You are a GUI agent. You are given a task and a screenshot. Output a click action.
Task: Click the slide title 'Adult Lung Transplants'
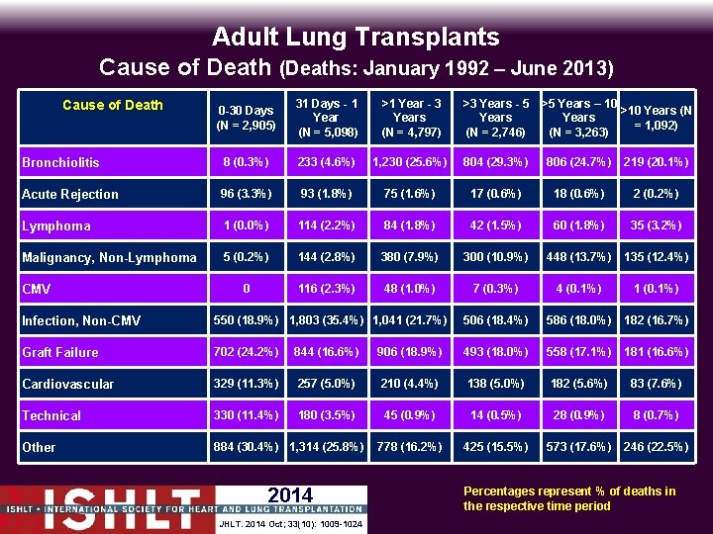(x=356, y=38)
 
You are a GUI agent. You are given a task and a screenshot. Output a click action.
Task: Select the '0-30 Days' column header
(x=246, y=118)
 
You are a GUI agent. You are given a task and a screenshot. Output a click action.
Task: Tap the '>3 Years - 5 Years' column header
(x=495, y=118)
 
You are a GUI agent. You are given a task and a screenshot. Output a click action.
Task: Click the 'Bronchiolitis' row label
(x=60, y=162)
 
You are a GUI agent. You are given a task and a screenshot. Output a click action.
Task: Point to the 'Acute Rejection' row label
(x=70, y=194)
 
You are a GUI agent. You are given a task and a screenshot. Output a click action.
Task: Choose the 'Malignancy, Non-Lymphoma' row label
(x=109, y=257)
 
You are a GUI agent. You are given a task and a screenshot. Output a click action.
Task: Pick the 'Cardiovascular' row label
(x=68, y=384)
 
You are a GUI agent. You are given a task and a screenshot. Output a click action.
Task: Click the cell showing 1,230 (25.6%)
(x=410, y=162)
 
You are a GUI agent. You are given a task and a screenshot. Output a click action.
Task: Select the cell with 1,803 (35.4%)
(x=326, y=319)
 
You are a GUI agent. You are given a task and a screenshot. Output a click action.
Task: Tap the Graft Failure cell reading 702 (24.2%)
(x=246, y=351)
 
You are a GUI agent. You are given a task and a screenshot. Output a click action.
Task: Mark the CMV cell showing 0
(x=246, y=288)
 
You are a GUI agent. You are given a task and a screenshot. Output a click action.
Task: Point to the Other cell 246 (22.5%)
(x=656, y=446)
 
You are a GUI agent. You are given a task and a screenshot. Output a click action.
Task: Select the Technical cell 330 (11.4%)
(x=246, y=414)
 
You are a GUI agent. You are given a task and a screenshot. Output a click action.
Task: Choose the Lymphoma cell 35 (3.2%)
(x=656, y=224)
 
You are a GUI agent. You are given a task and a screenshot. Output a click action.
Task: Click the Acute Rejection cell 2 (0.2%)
(x=656, y=193)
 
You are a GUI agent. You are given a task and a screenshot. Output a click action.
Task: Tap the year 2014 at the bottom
(x=290, y=495)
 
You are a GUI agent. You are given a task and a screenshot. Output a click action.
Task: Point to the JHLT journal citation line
(x=289, y=523)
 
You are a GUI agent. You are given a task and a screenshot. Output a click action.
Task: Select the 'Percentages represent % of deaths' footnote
(x=568, y=498)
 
